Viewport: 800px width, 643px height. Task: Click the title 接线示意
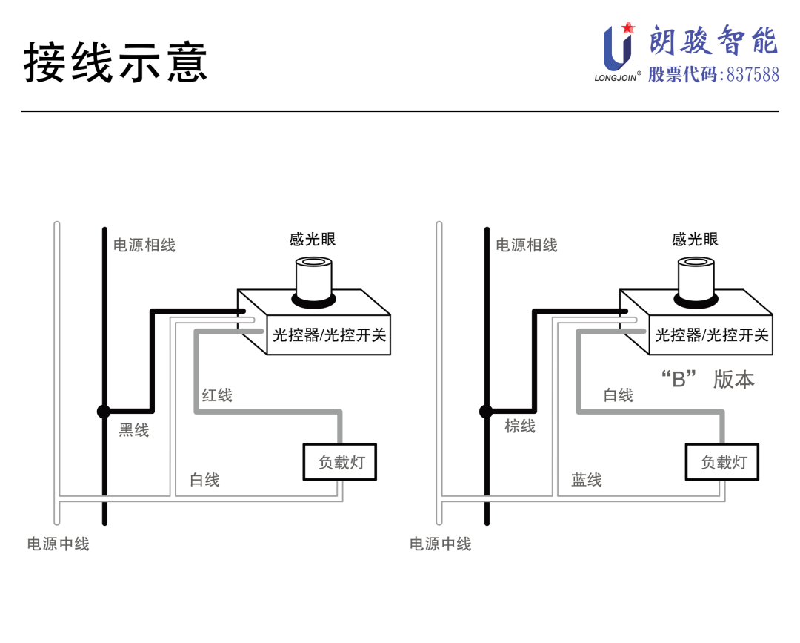tap(116, 62)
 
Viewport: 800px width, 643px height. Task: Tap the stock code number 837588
tap(753, 75)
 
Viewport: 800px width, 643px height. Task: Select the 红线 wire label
tap(217, 395)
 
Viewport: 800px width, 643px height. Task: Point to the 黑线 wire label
tap(134, 430)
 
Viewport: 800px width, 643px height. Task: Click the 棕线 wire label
tap(520, 426)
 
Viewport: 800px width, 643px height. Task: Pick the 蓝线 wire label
tap(587, 480)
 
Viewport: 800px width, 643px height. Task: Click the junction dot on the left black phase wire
tap(104, 411)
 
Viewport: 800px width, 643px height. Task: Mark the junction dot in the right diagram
tap(486, 411)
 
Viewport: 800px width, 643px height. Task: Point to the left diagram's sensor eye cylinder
tap(313, 278)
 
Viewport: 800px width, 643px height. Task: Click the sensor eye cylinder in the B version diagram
tap(696, 278)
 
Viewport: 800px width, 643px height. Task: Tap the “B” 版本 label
tap(707, 380)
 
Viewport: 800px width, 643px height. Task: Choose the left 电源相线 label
tap(144, 245)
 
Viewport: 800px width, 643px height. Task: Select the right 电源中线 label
tap(441, 544)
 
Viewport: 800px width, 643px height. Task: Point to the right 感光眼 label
tap(695, 239)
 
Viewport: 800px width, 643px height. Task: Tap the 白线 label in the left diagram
tap(204, 480)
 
